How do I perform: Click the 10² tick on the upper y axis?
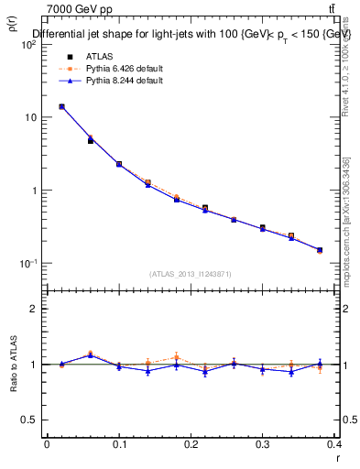29,45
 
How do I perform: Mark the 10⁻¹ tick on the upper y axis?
29,264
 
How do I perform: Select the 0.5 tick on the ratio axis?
29,420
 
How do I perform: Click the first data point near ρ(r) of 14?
61,106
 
